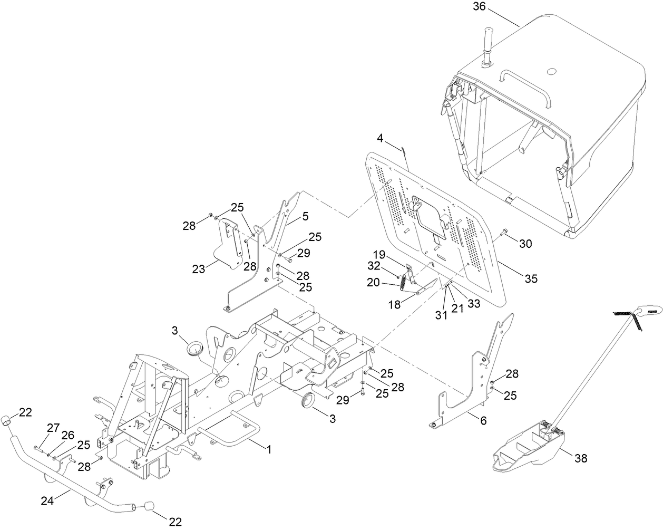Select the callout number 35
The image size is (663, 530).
coord(530,278)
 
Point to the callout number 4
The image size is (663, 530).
coord(380,139)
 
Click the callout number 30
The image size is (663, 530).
coord(525,244)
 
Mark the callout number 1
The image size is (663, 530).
coord(268,450)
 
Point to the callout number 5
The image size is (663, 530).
coord(305,217)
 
